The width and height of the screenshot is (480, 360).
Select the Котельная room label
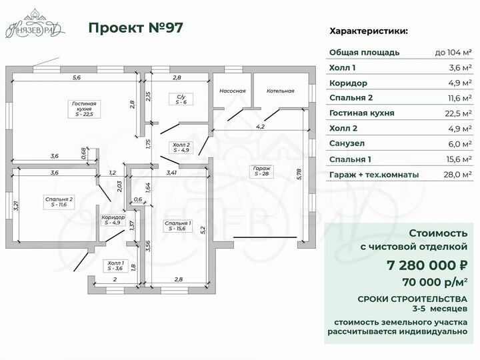281,91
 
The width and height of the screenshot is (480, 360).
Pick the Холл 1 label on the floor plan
115,266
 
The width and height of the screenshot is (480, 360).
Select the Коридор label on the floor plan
113,220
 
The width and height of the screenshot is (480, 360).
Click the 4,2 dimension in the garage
260,126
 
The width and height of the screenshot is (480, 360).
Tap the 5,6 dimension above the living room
77,78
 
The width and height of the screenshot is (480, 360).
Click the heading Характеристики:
369,31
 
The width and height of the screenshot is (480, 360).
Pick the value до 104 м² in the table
453,53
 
